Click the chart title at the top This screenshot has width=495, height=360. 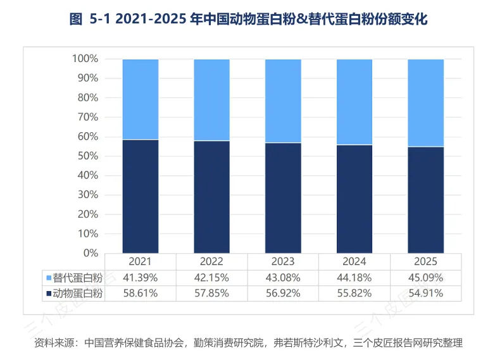click(248, 19)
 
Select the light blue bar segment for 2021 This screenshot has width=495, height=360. click(141, 99)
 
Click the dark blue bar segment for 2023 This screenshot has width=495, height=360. click(283, 198)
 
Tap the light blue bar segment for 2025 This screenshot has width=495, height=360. click(426, 103)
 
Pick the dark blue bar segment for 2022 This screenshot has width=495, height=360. click(212, 197)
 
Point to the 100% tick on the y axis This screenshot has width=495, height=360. click(85, 59)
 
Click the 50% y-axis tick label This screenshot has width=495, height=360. click(88, 156)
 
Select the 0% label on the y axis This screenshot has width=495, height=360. click(91, 253)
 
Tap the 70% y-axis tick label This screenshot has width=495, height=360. click(88, 117)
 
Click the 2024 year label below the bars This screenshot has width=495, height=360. click(354, 261)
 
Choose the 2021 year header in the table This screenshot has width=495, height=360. click(140, 261)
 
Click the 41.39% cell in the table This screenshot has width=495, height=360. click(140, 278)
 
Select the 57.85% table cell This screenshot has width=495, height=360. click(211, 293)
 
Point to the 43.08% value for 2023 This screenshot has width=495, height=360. click(283, 278)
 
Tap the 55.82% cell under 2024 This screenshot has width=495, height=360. click(354, 293)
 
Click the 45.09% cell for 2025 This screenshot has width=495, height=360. click(425, 278)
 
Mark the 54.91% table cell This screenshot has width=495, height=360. click(425, 293)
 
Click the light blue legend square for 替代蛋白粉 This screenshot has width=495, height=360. click(49, 278)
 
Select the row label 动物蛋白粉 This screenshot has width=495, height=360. click(78, 294)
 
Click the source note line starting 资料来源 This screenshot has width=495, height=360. click(248, 343)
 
